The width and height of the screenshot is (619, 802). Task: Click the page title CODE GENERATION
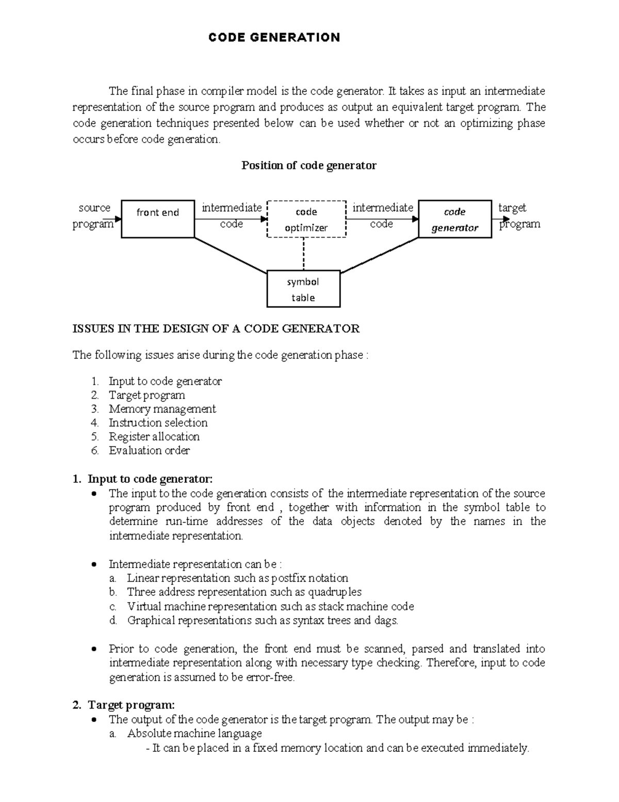274,38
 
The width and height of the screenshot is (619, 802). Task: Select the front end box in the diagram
158,219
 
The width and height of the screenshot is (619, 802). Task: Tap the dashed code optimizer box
306,219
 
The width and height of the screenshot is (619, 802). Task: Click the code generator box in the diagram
454,219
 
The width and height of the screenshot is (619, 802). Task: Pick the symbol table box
303,289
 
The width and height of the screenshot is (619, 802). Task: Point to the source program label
94,216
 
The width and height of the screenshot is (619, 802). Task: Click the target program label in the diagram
519,216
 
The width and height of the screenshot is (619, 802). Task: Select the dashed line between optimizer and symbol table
304,254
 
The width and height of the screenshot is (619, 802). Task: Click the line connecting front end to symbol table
230,255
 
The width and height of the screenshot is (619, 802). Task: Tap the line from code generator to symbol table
379,255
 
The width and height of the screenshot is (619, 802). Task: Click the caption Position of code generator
309,166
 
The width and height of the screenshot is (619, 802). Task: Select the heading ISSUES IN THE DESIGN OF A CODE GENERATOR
216,329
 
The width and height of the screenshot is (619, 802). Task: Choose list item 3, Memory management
162,409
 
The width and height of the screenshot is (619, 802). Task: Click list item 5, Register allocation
154,437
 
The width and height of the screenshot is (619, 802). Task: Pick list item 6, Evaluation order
149,451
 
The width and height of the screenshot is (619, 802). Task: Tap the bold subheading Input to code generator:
150,479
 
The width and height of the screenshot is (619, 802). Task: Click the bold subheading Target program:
131,705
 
